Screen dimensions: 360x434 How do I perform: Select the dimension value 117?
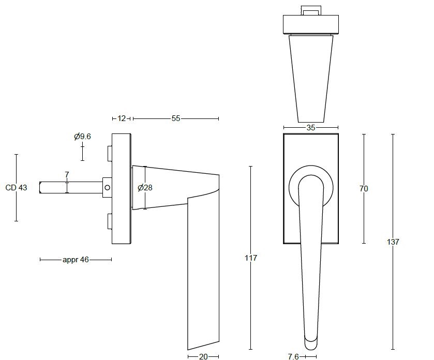click(251, 258)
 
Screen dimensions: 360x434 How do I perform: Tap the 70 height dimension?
click(364, 189)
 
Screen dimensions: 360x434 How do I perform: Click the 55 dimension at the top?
click(176, 118)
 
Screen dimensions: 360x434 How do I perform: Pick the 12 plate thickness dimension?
click(122, 118)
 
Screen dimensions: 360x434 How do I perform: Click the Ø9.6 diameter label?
click(82, 137)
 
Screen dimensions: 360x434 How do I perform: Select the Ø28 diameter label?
click(145, 188)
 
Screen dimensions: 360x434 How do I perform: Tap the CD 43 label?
click(16, 188)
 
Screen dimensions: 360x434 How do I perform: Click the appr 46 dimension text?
click(76, 260)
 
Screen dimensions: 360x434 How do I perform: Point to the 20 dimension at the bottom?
click(203, 356)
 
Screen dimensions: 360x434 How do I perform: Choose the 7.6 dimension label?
click(293, 356)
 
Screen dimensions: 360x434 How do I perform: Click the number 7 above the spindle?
click(67, 175)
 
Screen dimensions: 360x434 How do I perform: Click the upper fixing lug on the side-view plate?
click(109, 153)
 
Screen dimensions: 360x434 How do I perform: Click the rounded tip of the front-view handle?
click(311, 342)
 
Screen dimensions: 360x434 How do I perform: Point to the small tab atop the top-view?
click(310, 11)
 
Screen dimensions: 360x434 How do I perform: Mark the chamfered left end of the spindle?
click(41, 187)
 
